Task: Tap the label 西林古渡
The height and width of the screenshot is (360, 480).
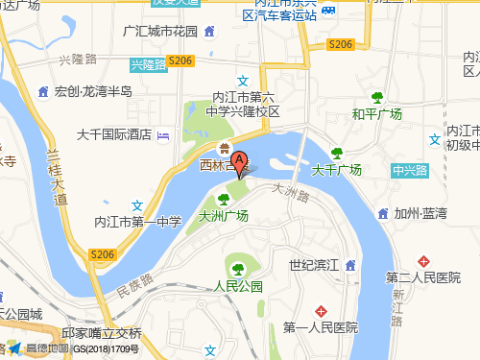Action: [x=224, y=165]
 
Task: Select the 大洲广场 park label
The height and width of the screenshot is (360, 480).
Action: [x=223, y=216]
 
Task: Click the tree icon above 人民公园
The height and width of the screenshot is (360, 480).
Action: [x=238, y=267]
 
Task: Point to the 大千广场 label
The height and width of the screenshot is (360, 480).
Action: [x=337, y=170]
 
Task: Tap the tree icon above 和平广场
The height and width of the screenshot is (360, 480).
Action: [x=375, y=97]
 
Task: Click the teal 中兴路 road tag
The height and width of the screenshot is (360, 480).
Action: [x=410, y=171]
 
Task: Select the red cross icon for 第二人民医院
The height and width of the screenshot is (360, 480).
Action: [x=423, y=261]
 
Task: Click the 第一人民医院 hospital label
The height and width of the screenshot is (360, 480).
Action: [x=320, y=327]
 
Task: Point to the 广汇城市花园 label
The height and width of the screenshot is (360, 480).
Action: [x=160, y=32]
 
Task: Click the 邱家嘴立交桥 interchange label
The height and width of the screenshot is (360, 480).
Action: [x=101, y=333]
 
